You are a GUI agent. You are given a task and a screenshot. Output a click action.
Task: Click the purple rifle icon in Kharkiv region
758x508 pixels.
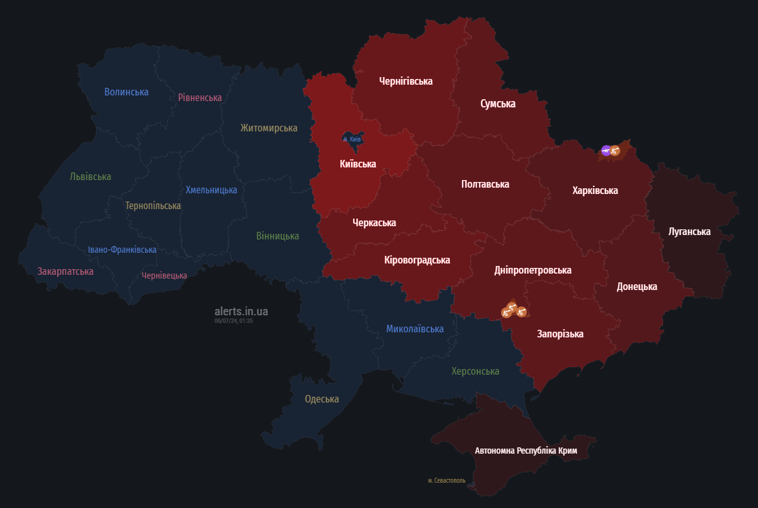pos(606,150)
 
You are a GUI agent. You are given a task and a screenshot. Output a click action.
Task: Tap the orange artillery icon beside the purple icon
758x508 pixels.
pos(615,150)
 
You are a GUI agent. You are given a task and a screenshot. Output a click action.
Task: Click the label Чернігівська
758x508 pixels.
pos(406,81)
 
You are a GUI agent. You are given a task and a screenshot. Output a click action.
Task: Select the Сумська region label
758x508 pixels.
pos(497,104)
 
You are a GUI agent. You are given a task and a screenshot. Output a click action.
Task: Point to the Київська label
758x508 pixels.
pos(357,164)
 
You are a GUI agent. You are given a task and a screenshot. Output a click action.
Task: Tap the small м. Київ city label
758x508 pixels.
pos(352,139)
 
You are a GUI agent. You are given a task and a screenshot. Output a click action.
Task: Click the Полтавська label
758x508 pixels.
pos(485,184)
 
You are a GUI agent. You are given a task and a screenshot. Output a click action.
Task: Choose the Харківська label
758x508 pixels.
pos(595,190)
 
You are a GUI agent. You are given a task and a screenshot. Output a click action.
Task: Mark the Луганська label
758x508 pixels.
pos(689,231)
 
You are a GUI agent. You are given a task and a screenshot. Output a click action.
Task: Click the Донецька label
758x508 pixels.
pos(637,286)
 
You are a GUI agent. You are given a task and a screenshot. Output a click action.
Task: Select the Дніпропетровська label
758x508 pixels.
pos(532,270)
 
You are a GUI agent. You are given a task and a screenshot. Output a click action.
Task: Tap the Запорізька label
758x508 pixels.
pos(560,334)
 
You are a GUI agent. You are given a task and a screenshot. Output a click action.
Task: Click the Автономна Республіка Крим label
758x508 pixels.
pos(526,451)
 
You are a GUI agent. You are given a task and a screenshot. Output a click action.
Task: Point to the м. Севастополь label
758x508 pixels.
pos(446,480)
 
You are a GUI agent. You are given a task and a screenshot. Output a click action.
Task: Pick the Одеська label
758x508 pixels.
pos(321,399)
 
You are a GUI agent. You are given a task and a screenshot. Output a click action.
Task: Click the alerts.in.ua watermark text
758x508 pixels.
pos(241,311)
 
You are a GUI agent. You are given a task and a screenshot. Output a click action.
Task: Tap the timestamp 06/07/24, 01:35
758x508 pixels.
pos(233,321)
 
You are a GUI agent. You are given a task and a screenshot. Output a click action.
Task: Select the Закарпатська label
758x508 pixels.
pos(65,271)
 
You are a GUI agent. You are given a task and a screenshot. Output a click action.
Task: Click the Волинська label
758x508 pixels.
pos(126,92)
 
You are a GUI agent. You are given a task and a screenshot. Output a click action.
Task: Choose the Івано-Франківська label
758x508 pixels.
pos(122,250)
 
